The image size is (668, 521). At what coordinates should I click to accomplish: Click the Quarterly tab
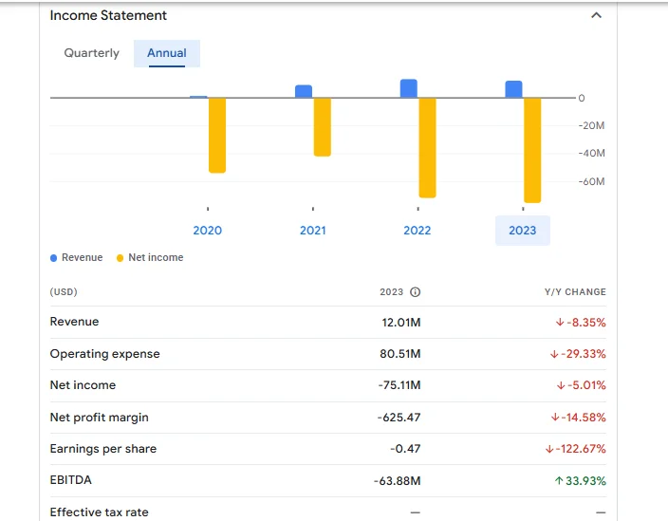[92, 53]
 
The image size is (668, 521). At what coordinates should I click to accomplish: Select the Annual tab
[167, 53]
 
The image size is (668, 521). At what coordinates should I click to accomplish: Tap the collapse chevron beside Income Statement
[596, 16]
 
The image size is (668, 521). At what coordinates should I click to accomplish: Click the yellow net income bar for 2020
[217, 135]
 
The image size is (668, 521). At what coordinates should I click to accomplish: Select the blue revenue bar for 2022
[409, 88]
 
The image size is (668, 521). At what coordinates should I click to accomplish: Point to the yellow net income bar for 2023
[532, 149]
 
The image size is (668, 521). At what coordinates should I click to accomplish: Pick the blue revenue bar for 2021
[304, 91]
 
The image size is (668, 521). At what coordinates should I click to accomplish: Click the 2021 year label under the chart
[312, 231]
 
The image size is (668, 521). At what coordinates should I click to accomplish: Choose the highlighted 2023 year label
[522, 231]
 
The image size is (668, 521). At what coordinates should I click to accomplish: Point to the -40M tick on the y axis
[592, 153]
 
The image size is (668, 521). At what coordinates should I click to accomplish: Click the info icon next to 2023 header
[415, 292]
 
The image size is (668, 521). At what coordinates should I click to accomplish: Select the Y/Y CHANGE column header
[574, 292]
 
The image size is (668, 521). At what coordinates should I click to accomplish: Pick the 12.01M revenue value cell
[401, 323]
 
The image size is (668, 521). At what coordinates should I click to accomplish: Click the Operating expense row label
[104, 354]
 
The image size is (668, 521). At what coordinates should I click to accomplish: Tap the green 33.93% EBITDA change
[580, 481]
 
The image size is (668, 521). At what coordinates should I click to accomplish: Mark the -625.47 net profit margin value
[399, 418]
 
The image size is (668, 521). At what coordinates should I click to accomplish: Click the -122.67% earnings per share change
[576, 449]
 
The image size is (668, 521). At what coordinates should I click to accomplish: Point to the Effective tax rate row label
[99, 512]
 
